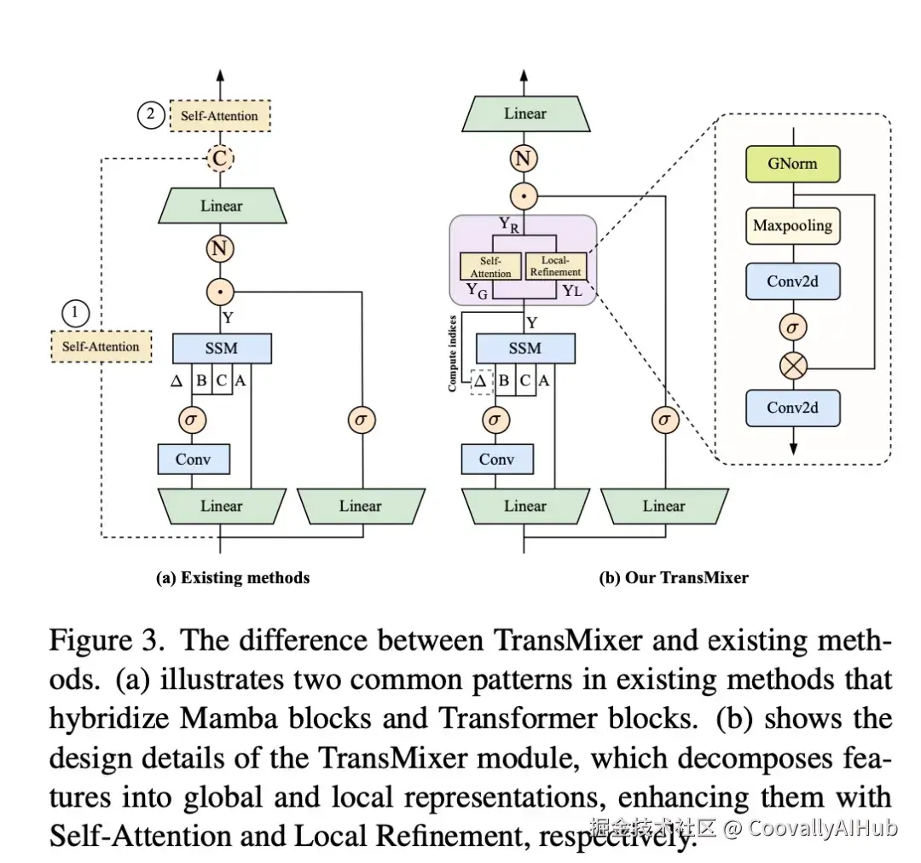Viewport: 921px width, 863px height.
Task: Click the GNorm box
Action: click(792, 164)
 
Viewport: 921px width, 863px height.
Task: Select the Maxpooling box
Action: click(792, 226)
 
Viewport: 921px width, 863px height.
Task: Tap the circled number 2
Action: click(151, 114)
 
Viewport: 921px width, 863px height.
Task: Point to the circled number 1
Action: click(75, 313)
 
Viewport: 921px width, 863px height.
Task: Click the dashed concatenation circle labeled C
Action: click(220, 158)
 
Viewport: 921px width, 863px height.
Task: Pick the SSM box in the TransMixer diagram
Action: click(525, 349)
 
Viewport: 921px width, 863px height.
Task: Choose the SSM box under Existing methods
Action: click(222, 349)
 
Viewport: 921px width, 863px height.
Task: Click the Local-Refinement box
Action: click(555, 266)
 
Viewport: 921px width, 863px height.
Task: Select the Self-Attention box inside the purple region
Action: click(490, 267)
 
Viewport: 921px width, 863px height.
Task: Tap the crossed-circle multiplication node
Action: click(793, 367)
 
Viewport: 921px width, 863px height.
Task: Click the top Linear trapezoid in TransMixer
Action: click(525, 114)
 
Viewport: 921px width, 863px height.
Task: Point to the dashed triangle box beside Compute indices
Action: click(481, 382)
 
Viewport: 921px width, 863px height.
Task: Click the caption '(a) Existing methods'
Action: click(233, 577)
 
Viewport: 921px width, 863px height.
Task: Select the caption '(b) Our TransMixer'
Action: click(674, 577)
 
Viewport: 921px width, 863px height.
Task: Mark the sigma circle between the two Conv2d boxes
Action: click(793, 327)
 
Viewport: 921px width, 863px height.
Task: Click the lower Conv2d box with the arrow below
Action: click(792, 408)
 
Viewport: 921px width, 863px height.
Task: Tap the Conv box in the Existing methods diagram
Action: click(194, 459)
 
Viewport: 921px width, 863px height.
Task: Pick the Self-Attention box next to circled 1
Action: click(101, 346)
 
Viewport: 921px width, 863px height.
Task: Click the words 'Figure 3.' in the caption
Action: click(107, 641)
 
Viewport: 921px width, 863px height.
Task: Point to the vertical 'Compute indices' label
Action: click(452, 354)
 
